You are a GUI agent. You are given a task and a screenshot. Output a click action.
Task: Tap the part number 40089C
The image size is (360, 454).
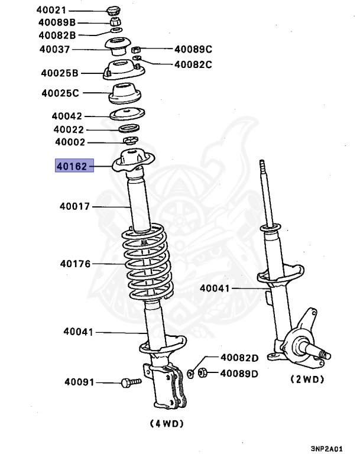pos(192,50)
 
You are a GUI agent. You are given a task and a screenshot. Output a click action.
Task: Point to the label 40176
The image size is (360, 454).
pos(74,264)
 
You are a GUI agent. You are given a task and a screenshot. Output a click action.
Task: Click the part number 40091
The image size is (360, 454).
pos(79,382)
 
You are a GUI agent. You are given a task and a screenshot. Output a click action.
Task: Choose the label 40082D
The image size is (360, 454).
pos(239,358)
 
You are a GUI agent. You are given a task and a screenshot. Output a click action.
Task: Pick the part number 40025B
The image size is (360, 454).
pos(59,73)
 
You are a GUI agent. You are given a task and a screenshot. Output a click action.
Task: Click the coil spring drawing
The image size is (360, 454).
pos(147,265)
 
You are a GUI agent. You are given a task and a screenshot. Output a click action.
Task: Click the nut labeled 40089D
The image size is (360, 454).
pos(201,373)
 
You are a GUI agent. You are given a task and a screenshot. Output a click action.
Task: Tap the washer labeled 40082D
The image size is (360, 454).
pos(190,373)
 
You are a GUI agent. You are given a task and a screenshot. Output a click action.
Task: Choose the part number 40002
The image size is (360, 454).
pos(70,142)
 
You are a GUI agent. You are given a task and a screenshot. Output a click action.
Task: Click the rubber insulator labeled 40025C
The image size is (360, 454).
pos(126,93)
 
